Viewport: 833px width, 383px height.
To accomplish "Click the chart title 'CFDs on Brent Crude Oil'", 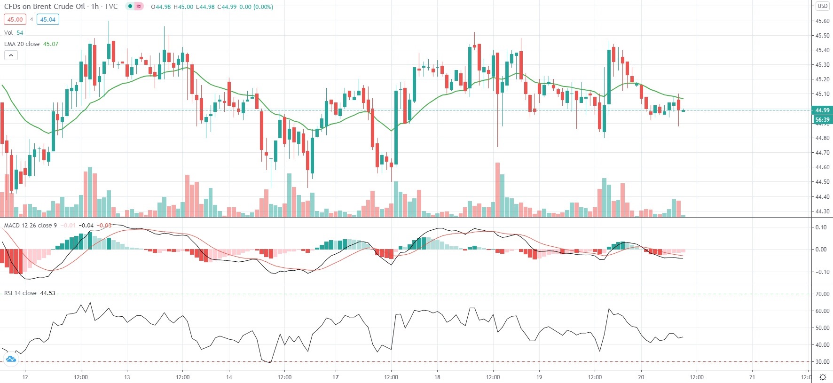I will (x=45, y=7).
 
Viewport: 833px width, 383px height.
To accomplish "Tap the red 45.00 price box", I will (x=15, y=20).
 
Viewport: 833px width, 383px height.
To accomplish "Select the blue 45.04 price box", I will (x=47, y=20).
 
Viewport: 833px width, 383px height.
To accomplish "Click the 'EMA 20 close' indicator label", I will (x=22, y=44).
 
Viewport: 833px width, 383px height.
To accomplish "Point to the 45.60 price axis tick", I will (x=822, y=21).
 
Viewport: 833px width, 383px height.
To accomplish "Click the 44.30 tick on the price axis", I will (x=822, y=211).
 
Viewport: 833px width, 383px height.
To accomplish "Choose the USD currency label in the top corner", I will (x=822, y=6).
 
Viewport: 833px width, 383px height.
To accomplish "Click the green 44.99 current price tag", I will (x=822, y=110).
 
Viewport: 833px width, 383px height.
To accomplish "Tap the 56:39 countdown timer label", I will (x=822, y=120).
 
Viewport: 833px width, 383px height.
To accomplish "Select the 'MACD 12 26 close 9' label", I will (x=30, y=226).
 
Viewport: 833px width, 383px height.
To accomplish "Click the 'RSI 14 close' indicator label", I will (x=20, y=293).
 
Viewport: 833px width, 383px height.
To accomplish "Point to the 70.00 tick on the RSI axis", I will (x=822, y=294).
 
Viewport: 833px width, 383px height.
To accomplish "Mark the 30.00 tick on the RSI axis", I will (x=822, y=362).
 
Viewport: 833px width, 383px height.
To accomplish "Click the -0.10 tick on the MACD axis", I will (x=821, y=272).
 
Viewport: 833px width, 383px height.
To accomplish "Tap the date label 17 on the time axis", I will (x=336, y=377).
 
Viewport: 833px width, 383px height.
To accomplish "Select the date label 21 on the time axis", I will (x=752, y=377).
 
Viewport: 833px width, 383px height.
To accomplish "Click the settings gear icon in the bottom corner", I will (x=823, y=377).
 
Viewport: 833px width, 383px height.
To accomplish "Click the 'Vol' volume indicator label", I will (x=8, y=33).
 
